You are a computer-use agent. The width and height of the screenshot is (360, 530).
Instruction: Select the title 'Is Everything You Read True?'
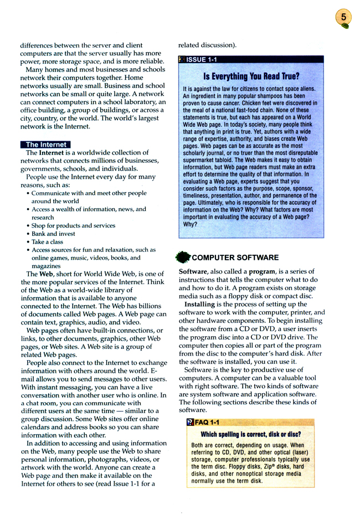pos(251,76)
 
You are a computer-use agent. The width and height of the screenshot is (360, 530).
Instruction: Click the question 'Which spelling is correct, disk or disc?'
pos(251,435)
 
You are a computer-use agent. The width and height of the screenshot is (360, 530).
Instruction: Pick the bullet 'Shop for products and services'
pos(73,225)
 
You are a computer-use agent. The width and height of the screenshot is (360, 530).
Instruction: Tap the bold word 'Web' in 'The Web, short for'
pos(45,274)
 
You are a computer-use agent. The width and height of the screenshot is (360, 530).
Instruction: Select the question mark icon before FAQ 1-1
pos(191,423)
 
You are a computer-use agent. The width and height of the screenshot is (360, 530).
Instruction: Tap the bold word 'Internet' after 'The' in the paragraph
pos(51,153)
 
